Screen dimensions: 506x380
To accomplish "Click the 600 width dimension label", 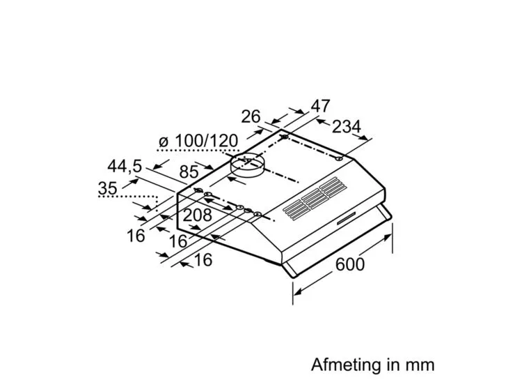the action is point(350,264).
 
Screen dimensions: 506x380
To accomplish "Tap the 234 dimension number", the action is point(346,127).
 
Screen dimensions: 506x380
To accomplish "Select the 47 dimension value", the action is point(320,106).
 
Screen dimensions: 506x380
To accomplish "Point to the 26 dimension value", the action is point(251,116).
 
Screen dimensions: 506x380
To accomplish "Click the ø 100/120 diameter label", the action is point(198,141).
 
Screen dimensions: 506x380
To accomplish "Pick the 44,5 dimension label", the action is point(125,166).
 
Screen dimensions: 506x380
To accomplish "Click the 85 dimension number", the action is point(189,172).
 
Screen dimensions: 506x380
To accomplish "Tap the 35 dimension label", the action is point(107,188).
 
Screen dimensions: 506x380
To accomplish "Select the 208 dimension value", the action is point(197,215).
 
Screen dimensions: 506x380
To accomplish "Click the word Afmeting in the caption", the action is point(347,365).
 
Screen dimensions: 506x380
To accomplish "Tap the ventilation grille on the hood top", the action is point(315,198).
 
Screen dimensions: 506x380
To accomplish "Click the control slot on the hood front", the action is point(346,218).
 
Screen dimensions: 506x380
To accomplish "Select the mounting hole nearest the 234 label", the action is point(338,159).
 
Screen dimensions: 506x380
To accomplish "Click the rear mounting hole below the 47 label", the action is point(285,137).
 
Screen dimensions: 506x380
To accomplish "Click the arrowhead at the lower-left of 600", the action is point(298,291).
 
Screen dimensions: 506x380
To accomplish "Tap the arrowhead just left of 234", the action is point(320,121).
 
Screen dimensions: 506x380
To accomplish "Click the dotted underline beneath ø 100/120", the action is point(198,151).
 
